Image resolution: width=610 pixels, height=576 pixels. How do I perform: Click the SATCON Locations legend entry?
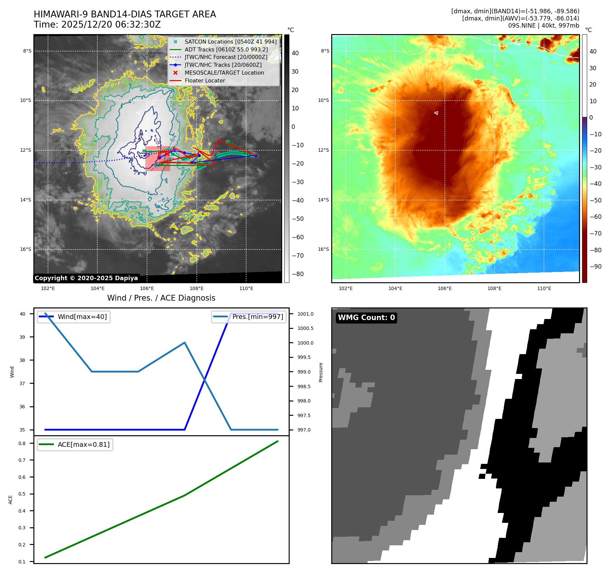(x=230, y=42)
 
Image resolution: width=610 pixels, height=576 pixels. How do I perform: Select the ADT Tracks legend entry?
(x=226, y=49)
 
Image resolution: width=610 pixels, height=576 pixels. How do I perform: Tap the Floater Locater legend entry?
(x=205, y=80)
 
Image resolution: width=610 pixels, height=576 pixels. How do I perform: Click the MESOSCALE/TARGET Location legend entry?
(x=224, y=73)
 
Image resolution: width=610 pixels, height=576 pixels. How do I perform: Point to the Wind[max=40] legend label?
(x=82, y=317)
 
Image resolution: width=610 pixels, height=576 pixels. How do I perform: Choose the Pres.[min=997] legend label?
(x=258, y=317)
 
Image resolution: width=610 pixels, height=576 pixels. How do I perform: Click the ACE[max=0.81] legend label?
(x=83, y=444)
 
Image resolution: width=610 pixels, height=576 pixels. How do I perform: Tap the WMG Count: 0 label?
(x=366, y=318)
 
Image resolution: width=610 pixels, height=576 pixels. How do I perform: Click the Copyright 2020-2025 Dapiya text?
(x=86, y=278)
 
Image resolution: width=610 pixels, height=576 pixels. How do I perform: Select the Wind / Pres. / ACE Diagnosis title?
(x=161, y=298)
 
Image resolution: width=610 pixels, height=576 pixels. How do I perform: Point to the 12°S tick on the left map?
(x=26, y=150)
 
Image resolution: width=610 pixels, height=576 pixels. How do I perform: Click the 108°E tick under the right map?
(x=494, y=288)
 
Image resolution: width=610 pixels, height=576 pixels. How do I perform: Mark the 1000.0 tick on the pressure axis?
(x=305, y=343)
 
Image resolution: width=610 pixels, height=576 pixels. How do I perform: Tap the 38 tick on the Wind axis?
(x=22, y=360)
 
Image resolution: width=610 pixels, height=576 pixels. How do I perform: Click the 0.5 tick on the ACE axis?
(x=22, y=494)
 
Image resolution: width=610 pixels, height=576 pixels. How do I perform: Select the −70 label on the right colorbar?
(x=595, y=233)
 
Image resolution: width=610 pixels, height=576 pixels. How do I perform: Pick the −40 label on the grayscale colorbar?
(x=298, y=200)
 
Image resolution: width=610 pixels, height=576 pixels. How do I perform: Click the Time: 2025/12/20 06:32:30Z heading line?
(x=97, y=25)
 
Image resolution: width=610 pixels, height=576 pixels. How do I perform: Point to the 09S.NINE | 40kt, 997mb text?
(x=543, y=26)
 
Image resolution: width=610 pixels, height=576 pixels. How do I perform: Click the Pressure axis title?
(x=321, y=372)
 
